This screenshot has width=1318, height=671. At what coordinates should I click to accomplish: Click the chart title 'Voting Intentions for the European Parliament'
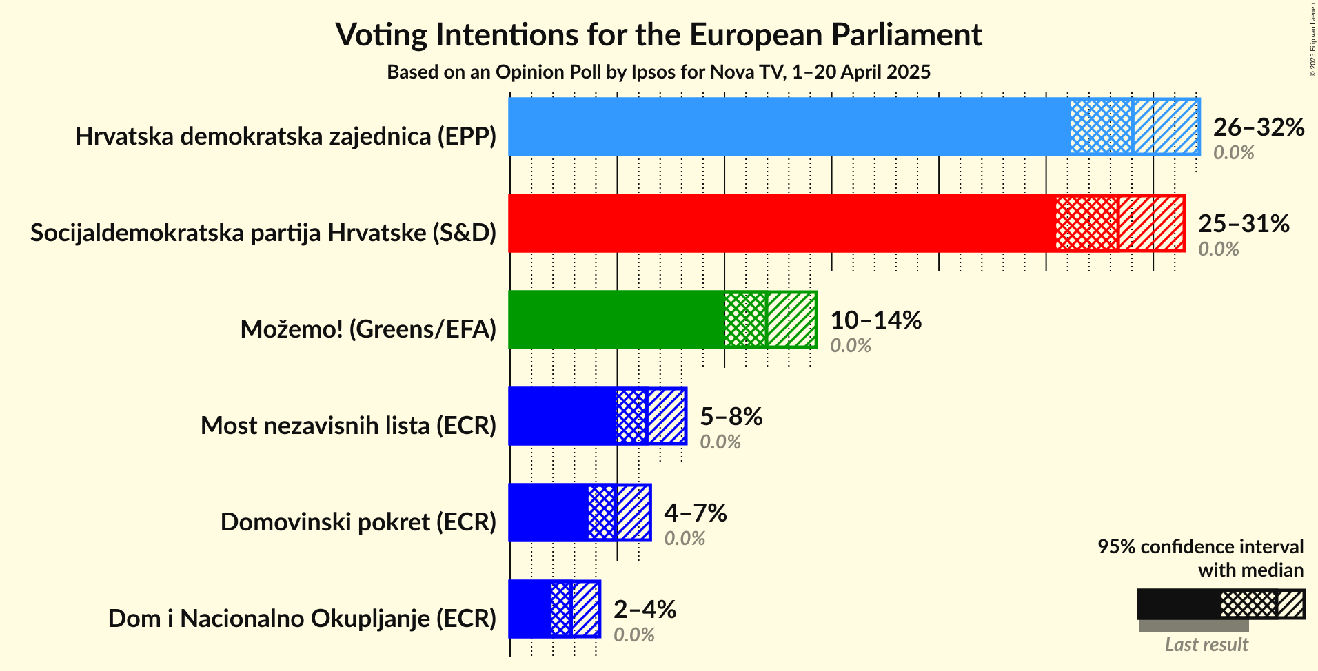point(658,35)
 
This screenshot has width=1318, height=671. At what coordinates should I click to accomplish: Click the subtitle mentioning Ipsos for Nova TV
point(658,72)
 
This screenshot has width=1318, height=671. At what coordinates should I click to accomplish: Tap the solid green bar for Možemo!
point(616,320)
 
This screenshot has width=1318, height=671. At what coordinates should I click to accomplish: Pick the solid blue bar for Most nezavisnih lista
point(562,416)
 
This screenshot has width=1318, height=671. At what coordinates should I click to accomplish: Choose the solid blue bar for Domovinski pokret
point(548,513)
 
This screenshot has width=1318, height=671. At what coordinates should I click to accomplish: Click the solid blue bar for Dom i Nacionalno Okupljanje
point(530,609)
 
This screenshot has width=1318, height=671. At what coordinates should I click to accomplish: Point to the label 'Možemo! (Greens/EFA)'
point(368,329)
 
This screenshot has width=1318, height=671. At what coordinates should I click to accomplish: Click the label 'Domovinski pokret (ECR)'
point(358,522)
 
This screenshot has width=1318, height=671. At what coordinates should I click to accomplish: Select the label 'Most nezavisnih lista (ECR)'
point(348,426)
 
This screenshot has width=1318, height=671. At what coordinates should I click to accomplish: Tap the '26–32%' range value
point(1259,127)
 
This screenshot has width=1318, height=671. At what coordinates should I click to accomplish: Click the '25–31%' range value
point(1244,224)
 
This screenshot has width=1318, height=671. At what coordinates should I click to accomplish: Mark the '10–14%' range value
point(875,320)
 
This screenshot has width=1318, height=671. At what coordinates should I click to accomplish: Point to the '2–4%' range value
point(645,610)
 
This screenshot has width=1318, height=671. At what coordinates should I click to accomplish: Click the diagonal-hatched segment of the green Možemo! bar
point(791,320)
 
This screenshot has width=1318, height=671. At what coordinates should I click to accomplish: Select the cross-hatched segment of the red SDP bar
point(1086,223)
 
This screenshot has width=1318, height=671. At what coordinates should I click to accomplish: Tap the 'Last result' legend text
point(1206,645)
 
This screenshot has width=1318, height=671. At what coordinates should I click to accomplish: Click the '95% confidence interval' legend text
point(1200,547)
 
